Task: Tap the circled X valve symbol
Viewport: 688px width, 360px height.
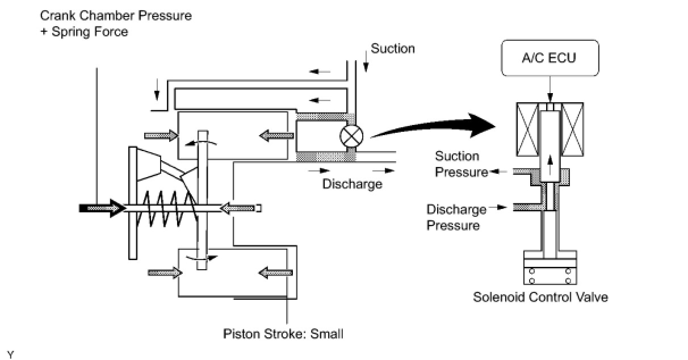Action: (x=347, y=136)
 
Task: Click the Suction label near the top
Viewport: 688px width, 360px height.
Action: (x=393, y=49)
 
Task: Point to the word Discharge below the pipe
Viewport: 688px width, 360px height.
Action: (x=352, y=184)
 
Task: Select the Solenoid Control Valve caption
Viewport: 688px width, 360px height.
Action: (x=540, y=297)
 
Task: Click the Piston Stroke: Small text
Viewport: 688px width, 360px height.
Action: (x=283, y=334)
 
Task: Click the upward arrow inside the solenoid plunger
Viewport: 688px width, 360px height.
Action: (x=549, y=164)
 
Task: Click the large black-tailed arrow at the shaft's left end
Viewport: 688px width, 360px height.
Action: (x=102, y=208)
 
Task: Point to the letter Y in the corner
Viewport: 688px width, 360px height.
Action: (x=10, y=355)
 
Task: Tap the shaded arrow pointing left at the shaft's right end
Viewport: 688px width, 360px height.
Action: (x=234, y=208)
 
